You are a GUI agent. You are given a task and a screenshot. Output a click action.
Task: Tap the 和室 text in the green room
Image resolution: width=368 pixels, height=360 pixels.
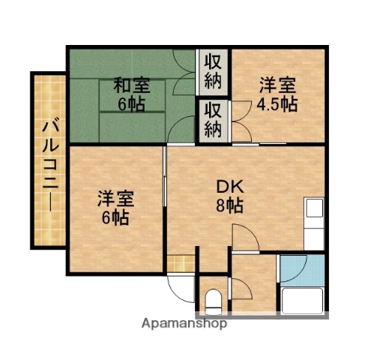click(129, 85)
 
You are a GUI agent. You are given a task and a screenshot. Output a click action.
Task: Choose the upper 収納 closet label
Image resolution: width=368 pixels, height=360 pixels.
click(212, 68)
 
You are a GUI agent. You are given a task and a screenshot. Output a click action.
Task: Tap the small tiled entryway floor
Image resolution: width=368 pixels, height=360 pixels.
click(180, 264)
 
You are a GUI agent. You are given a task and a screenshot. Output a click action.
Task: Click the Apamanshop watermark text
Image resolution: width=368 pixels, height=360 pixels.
click(184, 324)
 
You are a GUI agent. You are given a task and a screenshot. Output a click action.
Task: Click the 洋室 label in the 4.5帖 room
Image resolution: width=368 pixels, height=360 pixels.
click(279, 83)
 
